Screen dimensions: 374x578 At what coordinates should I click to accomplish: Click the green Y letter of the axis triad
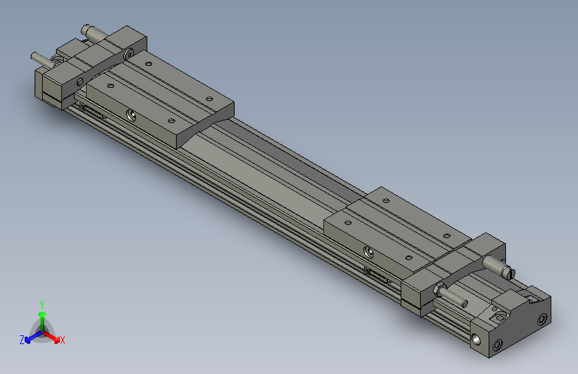tap(42, 303)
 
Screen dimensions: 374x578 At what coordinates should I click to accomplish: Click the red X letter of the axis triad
tap(62, 341)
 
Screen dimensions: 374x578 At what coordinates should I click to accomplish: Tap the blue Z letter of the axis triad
tap(22, 339)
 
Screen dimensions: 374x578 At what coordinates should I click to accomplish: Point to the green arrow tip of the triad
tap(43, 313)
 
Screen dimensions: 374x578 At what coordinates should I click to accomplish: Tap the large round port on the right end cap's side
tap(478, 340)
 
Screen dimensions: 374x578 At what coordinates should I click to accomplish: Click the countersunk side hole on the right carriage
tap(368, 251)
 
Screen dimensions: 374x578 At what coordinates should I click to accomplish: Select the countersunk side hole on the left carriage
tap(133, 115)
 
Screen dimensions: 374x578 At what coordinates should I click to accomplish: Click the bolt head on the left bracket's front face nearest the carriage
tap(80, 82)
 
